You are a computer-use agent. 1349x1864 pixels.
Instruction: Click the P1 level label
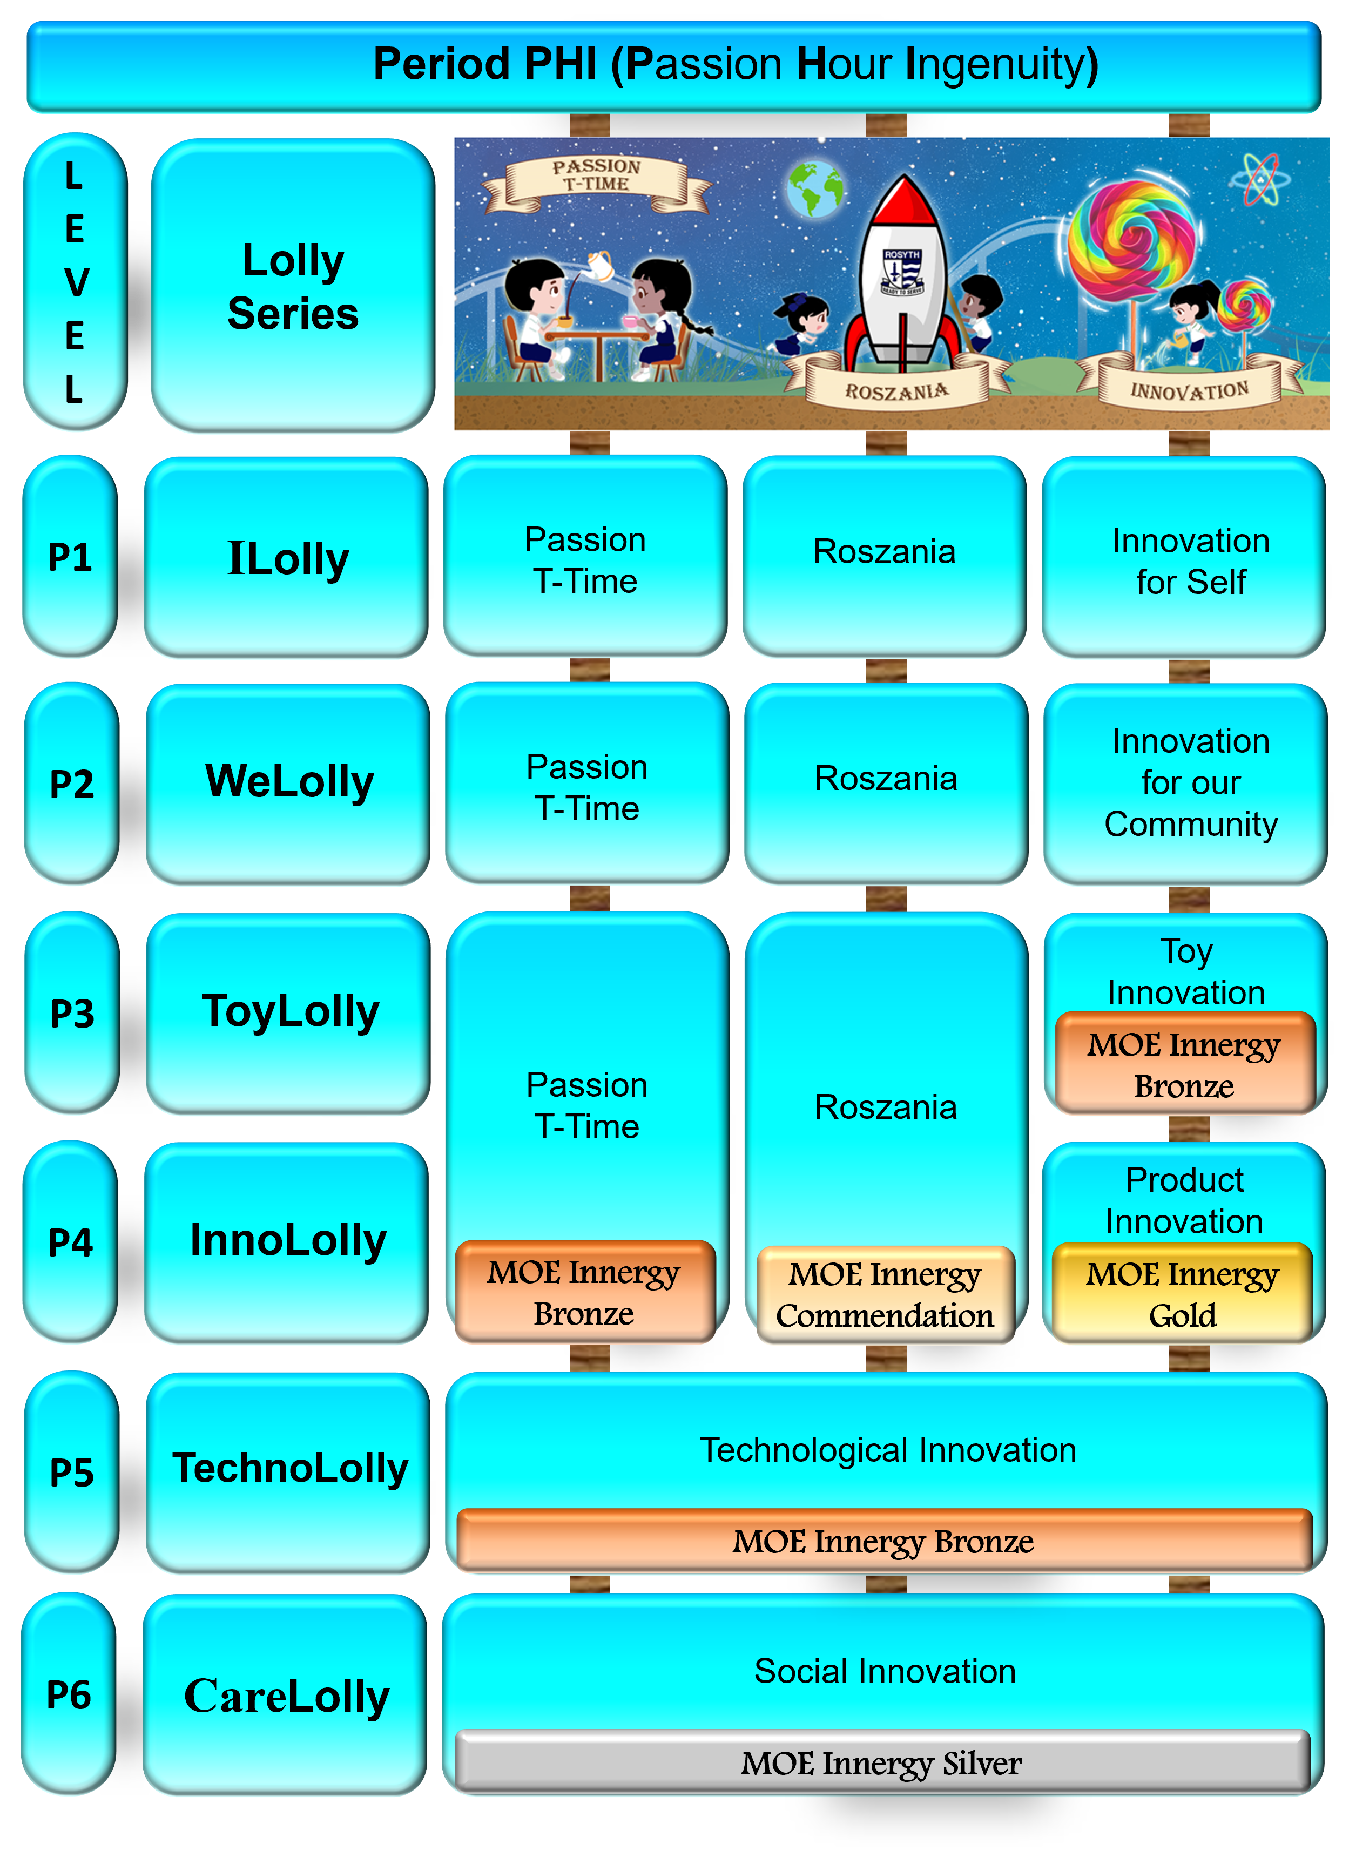[x=70, y=557]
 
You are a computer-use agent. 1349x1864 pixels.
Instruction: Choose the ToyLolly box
[x=289, y=1012]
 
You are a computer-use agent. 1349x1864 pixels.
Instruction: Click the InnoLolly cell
[x=287, y=1241]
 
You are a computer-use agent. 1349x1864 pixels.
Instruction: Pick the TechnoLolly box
[x=288, y=1469]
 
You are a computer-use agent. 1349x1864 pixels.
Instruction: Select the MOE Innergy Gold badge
[x=1182, y=1294]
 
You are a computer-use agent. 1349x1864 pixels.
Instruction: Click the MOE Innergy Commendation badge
[x=885, y=1294]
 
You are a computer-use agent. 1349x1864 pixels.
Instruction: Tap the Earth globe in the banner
[x=815, y=189]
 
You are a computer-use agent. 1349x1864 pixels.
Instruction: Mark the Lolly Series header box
[x=293, y=286]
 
